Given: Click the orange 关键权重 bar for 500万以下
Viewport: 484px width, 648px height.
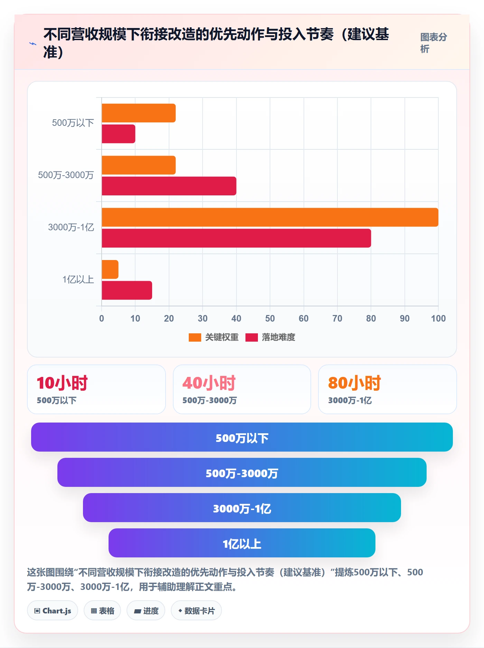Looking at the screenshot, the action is (x=139, y=113).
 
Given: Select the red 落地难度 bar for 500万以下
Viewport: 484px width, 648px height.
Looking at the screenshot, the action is (x=118, y=134).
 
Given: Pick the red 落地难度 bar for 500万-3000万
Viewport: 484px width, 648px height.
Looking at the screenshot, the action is (x=169, y=186).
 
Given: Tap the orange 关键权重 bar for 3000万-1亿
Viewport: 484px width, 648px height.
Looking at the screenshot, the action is (x=270, y=217).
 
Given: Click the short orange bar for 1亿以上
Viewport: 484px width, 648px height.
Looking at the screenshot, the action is (x=110, y=269).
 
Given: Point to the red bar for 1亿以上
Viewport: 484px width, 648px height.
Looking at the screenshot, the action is (x=127, y=290).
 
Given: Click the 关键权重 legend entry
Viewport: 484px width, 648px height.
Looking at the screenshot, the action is (x=214, y=337).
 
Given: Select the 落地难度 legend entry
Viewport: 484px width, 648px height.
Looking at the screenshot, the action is (x=270, y=337).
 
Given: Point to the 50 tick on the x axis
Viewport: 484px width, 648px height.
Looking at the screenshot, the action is (x=270, y=318).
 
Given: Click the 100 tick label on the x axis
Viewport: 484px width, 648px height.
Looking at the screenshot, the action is (x=438, y=318).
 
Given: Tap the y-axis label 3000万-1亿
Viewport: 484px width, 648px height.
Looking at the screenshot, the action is (x=71, y=227).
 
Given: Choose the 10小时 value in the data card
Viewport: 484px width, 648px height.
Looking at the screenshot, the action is (x=62, y=383).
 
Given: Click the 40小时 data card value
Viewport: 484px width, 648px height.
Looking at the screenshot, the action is (x=209, y=383).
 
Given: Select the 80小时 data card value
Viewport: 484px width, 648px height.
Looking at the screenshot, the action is (x=354, y=383).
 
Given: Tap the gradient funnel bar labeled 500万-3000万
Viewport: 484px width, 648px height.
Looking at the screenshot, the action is (x=242, y=472).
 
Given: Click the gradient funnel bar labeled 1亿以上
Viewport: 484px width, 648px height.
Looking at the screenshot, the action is (x=242, y=543).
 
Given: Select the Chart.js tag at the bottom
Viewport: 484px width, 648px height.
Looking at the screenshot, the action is (x=53, y=611).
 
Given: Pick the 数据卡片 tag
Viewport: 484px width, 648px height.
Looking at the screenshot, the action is (x=196, y=611).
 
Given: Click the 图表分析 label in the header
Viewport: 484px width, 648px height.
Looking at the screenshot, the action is (x=434, y=43).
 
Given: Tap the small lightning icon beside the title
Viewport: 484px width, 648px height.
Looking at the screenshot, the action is (x=33, y=44).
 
